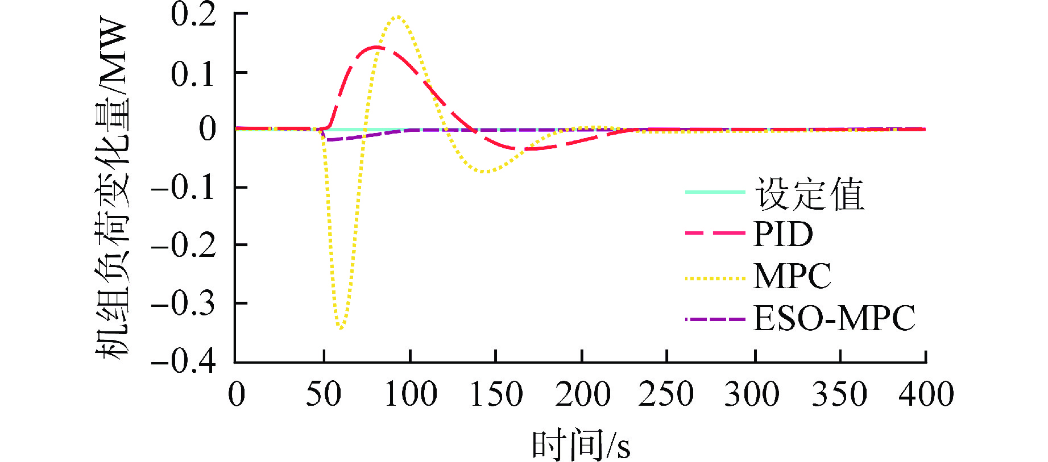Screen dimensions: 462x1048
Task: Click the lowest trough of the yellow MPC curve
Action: [x=341, y=328]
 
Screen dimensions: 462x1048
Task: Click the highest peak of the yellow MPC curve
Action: [x=397, y=16]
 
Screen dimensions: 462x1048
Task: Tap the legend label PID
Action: [x=783, y=234]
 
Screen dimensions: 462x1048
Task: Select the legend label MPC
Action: [x=792, y=276]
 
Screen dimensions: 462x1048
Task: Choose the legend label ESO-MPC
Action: [x=834, y=318]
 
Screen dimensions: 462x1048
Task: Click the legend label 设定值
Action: [x=809, y=194]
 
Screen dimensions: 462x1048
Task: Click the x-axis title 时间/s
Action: [x=581, y=445]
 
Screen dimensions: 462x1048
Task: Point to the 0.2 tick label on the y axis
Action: [x=193, y=15]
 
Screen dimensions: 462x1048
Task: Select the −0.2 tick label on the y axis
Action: [x=183, y=245]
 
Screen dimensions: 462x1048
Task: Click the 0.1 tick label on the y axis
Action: [x=193, y=73]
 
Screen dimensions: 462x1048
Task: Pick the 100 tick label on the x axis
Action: [x=411, y=394]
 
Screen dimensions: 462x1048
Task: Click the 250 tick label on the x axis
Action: [x=666, y=394]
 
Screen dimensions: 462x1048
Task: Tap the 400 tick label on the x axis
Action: [x=926, y=394]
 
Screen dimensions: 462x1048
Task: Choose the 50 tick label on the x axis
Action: [x=324, y=394]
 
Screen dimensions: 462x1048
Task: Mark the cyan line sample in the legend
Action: [x=715, y=192]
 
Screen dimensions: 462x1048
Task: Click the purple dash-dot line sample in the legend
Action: [x=715, y=319]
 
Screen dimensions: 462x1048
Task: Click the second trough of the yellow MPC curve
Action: [x=484, y=171]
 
